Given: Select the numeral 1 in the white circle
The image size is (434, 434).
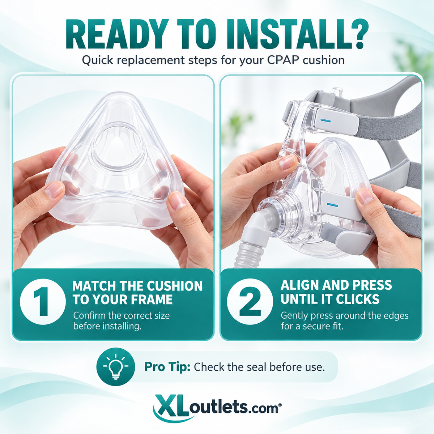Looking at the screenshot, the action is [42, 301].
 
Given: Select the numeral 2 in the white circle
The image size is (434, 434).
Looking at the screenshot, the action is [250, 301].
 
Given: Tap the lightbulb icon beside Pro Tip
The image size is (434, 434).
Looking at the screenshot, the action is [116, 367].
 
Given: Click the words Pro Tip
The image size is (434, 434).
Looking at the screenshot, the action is [167, 367].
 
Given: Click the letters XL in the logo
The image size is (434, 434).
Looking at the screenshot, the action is [172, 407].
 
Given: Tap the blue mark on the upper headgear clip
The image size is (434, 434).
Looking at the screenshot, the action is [325, 120].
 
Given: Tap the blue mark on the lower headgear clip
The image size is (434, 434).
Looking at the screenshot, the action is [332, 205].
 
